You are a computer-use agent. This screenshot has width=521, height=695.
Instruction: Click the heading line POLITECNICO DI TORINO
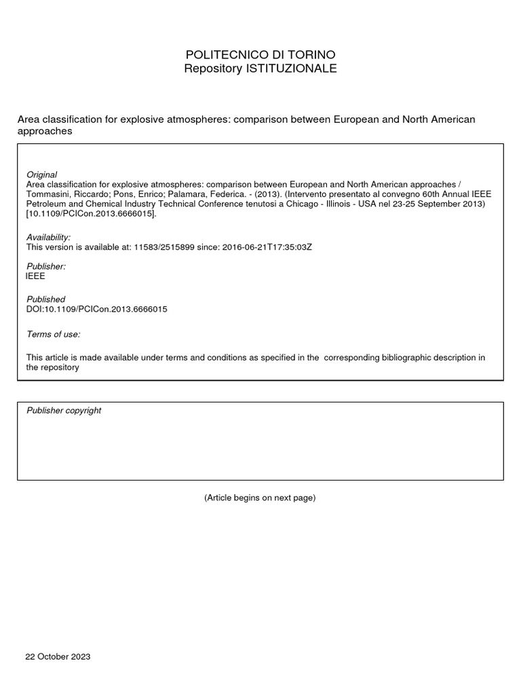coord(260,54)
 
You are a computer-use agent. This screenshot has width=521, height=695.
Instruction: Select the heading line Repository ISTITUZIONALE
coord(260,69)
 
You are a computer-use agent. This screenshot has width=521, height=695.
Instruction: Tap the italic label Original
coord(41,174)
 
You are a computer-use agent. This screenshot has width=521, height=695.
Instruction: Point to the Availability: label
coord(48,237)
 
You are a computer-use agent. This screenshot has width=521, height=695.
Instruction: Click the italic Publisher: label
coord(46,267)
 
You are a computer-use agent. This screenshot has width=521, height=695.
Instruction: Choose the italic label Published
coord(45,299)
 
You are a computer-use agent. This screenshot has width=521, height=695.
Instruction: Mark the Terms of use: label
coord(53,334)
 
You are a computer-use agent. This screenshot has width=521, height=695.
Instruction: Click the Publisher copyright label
coord(64,411)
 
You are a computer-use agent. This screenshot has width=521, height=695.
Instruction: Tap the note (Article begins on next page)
coord(260,497)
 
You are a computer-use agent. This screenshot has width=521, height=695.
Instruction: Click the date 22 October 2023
coord(58,657)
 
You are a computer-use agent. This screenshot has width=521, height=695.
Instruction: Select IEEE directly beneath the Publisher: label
coord(35,276)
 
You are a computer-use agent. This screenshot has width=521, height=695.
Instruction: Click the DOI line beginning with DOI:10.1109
coord(96,309)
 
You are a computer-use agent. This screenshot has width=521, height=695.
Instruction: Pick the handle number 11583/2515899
coord(159,247)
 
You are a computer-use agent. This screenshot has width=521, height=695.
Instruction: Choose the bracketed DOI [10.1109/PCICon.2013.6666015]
coord(92,214)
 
